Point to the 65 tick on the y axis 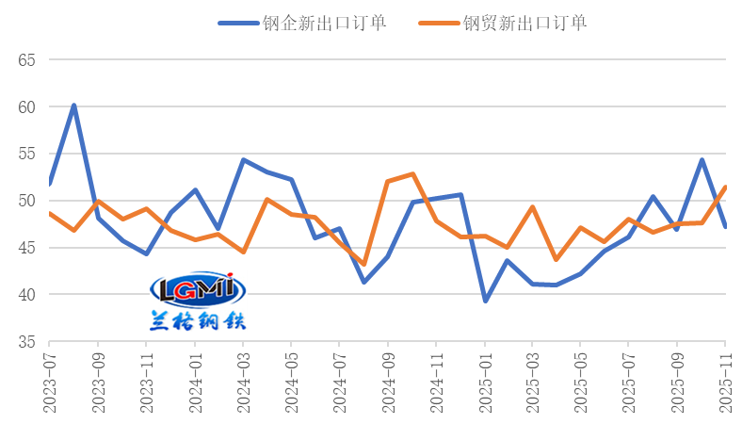[x=26, y=60]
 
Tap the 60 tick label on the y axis [x=26, y=107]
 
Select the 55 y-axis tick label [x=26, y=155]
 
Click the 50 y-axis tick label [x=26, y=201]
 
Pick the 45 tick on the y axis [x=26, y=248]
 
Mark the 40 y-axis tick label [x=26, y=295]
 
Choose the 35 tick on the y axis [x=26, y=342]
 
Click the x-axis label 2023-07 [x=49, y=383]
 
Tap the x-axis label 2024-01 [x=195, y=383]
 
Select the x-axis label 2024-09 [x=387, y=383]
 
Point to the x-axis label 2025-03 [x=532, y=383]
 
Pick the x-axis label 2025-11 [x=725, y=383]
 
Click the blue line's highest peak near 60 [x=73, y=106]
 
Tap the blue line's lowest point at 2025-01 [x=485, y=301]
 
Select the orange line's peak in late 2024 [x=412, y=174]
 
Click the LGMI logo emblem [x=198, y=291]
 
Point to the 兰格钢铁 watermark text [x=198, y=320]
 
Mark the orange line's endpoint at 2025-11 [x=725, y=188]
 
